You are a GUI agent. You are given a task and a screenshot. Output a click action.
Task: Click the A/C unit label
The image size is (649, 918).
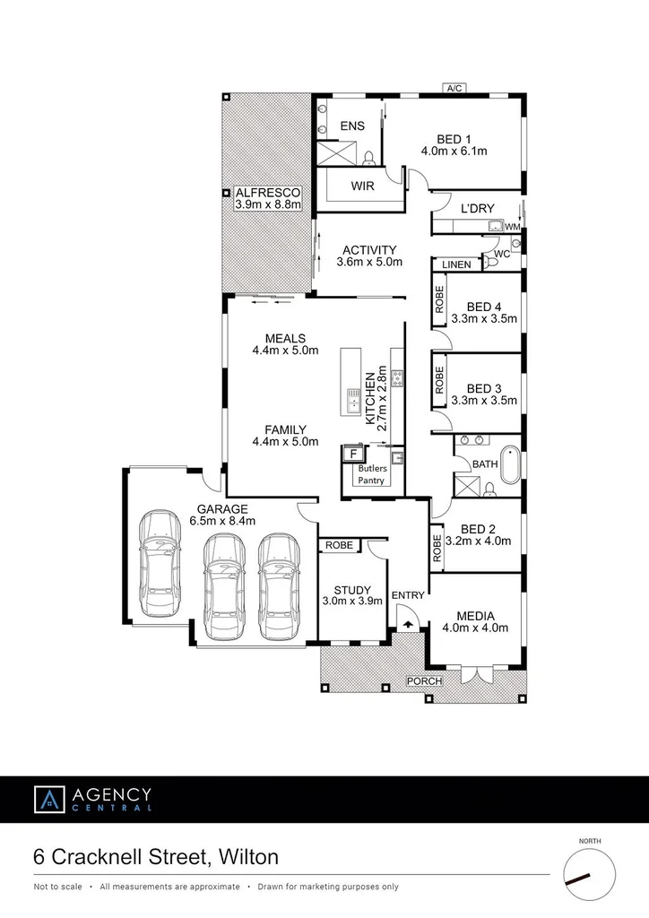pyautogui.click(x=454, y=88)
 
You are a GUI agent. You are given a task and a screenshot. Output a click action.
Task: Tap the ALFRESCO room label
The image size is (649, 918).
pyautogui.click(x=267, y=193)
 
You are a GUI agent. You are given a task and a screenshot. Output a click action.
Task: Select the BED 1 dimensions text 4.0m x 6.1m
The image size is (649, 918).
pyautogui.click(x=454, y=151)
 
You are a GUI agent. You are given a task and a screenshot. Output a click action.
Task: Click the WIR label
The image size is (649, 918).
pyautogui.click(x=363, y=187)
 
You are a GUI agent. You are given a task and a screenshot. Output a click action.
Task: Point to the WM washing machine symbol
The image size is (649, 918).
pyautogui.click(x=512, y=228)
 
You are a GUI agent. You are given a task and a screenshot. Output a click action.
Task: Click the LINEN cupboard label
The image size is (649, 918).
pyautogui.click(x=456, y=264)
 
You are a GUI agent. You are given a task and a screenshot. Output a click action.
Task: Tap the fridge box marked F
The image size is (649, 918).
pyautogui.click(x=350, y=455)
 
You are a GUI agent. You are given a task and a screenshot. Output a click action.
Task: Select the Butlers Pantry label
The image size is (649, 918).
pyautogui.click(x=372, y=474)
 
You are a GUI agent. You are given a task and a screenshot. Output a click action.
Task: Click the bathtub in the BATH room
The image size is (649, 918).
pyautogui.click(x=510, y=463)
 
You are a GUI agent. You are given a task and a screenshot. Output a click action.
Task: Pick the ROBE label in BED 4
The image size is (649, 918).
pyautogui.click(x=440, y=299)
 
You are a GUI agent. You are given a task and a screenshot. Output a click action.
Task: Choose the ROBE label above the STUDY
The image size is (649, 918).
pyautogui.click(x=338, y=545)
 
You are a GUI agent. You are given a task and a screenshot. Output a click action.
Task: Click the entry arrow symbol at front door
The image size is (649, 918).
pyautogui.click(x=408, y=623)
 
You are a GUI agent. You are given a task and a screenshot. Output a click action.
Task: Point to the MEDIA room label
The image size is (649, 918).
pyautogui.click(x=475, y=616)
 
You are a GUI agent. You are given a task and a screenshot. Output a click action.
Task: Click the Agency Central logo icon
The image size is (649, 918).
pyautogui.click(x=50, y=799)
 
